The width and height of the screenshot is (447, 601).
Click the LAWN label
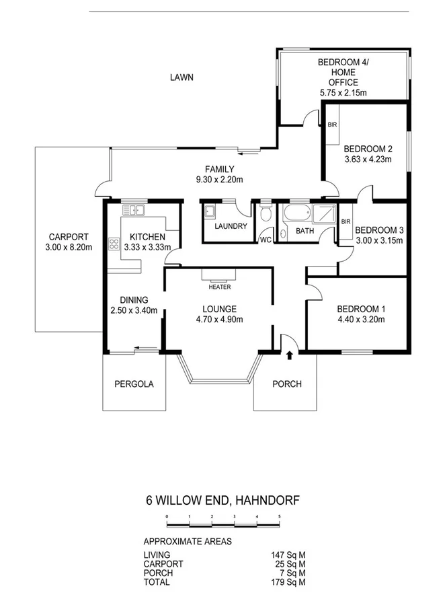tap(181, 77)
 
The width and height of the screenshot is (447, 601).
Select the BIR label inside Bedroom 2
tap(332, 125)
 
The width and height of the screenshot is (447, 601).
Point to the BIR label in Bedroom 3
tap(346, 221)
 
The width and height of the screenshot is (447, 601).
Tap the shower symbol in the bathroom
tap(324, 215)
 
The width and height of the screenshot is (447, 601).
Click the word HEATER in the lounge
tap(220, 287)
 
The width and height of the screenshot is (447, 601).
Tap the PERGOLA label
tap(133, 384)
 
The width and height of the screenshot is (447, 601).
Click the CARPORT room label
tap(66, 237)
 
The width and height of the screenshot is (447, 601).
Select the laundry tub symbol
tap(210, 211)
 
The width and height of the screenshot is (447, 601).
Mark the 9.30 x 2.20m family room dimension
tap(220, 179)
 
